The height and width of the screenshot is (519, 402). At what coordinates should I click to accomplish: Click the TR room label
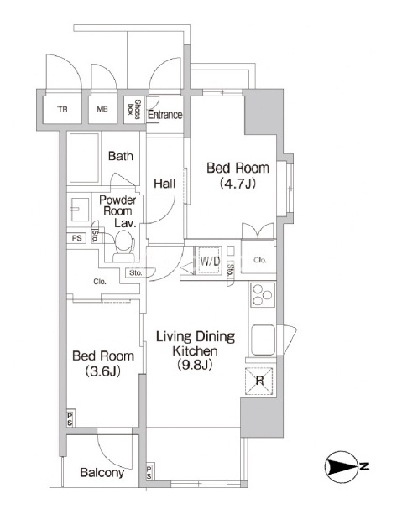62,109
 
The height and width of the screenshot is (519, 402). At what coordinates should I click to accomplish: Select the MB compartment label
102,108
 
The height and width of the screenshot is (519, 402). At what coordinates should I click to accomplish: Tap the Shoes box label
135,109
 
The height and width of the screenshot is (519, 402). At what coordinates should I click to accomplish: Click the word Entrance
165,115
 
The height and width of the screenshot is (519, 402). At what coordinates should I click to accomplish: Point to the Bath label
121,156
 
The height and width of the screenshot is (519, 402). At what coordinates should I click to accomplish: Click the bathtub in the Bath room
84,158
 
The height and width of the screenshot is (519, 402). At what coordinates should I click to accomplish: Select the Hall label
164,184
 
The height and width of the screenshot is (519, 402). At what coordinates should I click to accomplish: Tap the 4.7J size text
238,184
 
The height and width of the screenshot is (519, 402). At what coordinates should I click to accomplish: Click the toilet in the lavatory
123,246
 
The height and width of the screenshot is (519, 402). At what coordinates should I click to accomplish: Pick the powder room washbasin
80,210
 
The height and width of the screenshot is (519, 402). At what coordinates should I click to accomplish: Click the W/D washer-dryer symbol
210,260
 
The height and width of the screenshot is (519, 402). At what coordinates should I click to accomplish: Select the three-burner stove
263,294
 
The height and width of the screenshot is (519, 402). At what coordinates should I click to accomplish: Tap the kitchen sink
264,340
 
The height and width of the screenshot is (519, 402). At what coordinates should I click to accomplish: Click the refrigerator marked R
259,381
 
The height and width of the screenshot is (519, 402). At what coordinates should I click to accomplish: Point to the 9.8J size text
195,365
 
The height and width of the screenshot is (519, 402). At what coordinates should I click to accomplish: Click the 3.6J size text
102,371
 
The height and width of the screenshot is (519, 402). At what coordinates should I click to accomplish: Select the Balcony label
102,473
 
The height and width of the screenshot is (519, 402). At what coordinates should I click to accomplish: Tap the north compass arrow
342,467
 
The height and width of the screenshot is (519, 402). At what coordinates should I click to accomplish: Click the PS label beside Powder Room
77,237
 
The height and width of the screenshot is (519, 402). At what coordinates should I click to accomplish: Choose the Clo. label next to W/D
260,260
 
